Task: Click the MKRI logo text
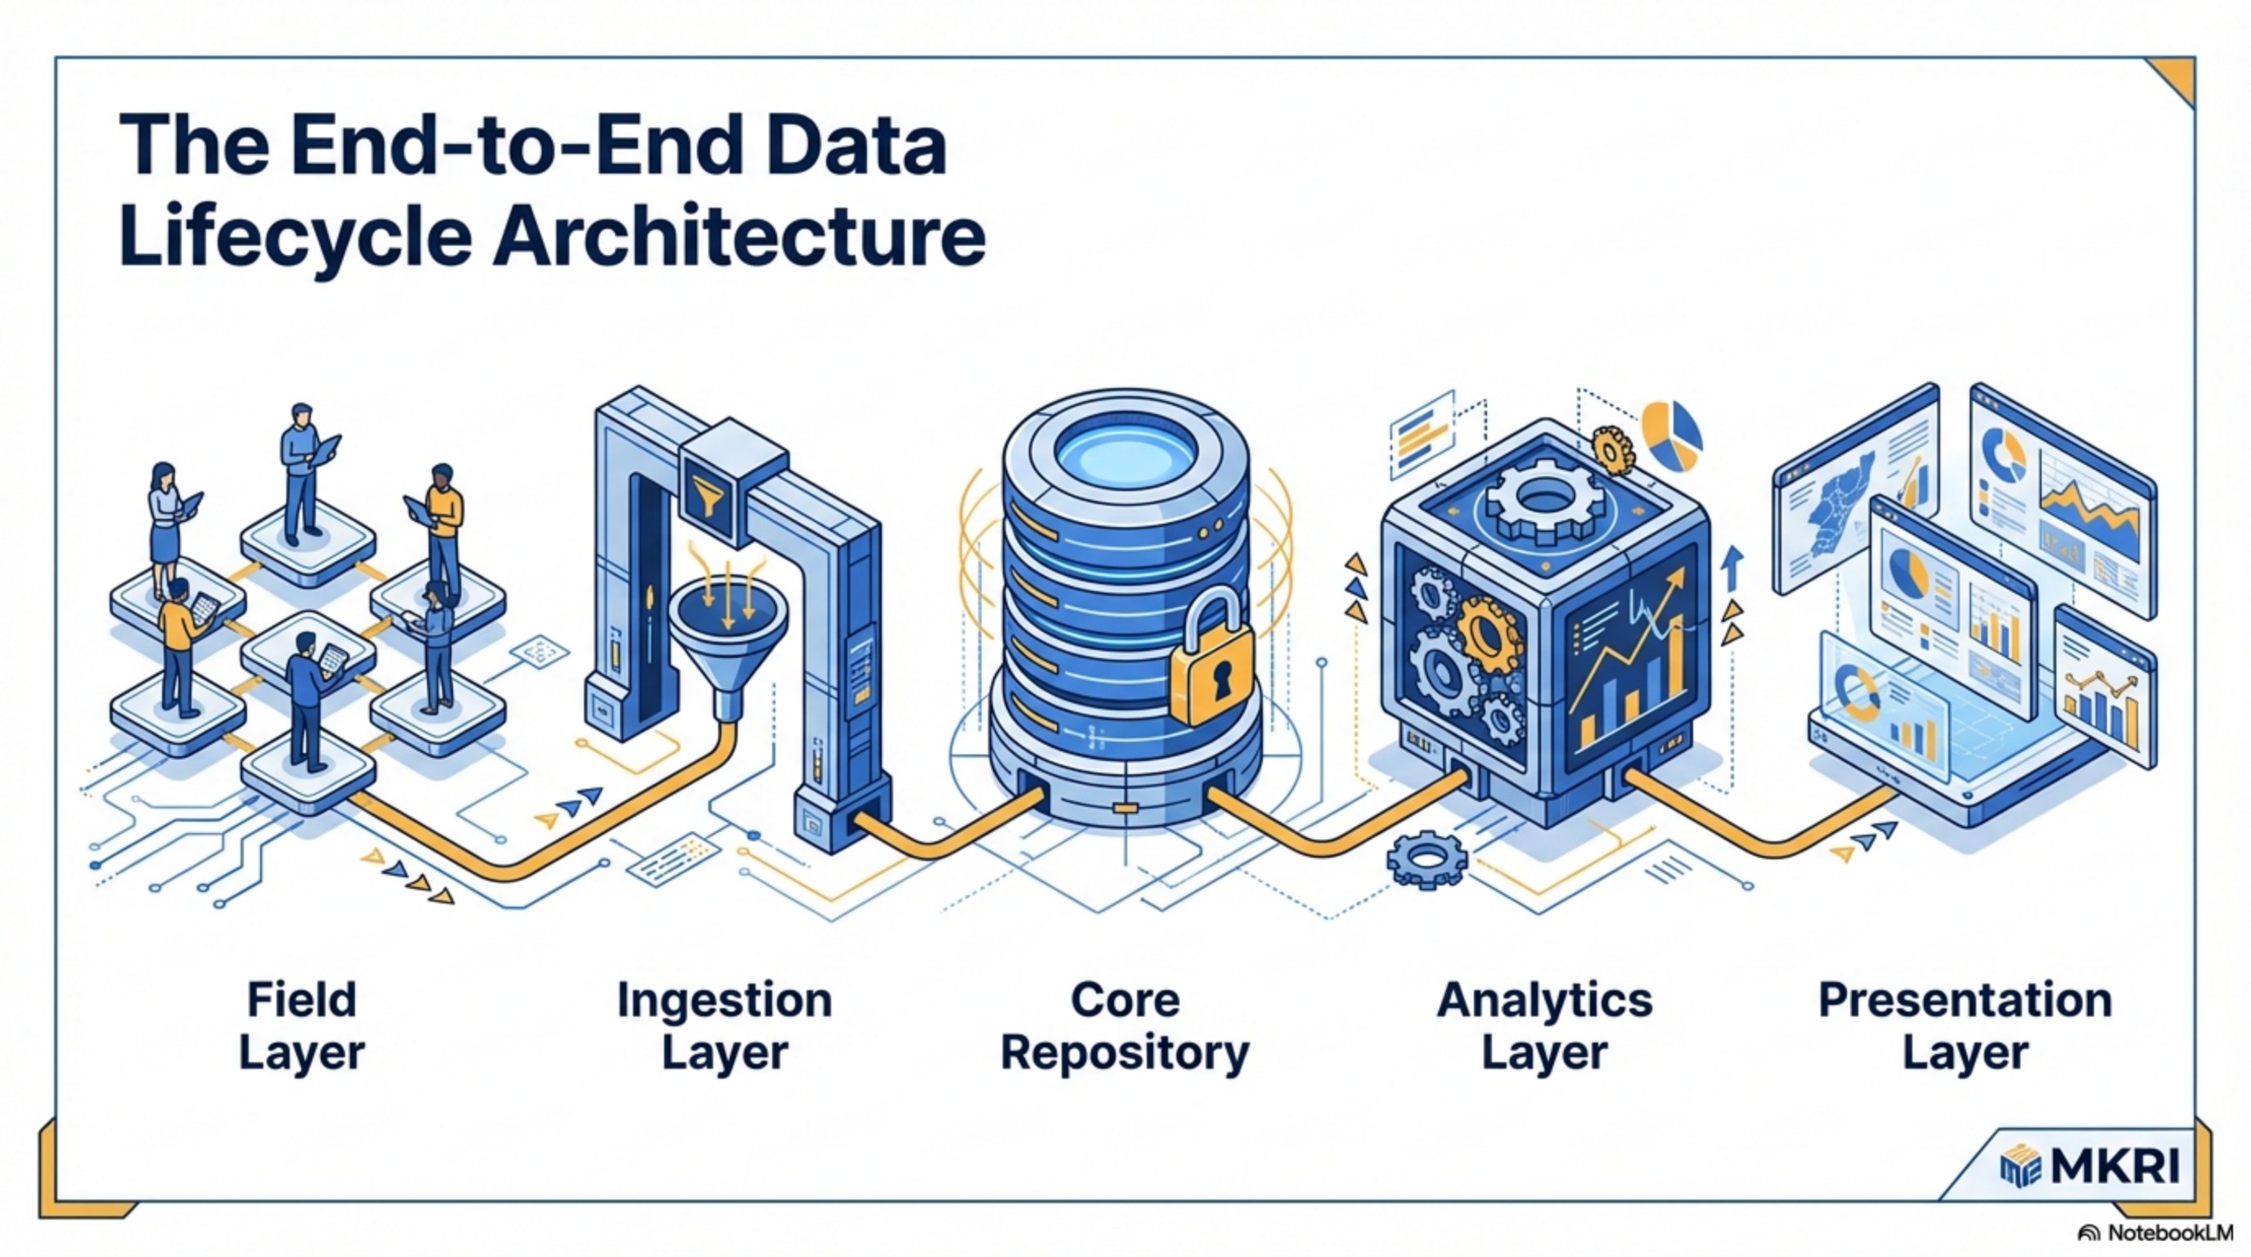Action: pos(2114,1165)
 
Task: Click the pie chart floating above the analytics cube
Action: pos(1672,435)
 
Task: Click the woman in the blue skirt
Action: pos(164,525)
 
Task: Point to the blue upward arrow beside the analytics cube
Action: pos(1732,568)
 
